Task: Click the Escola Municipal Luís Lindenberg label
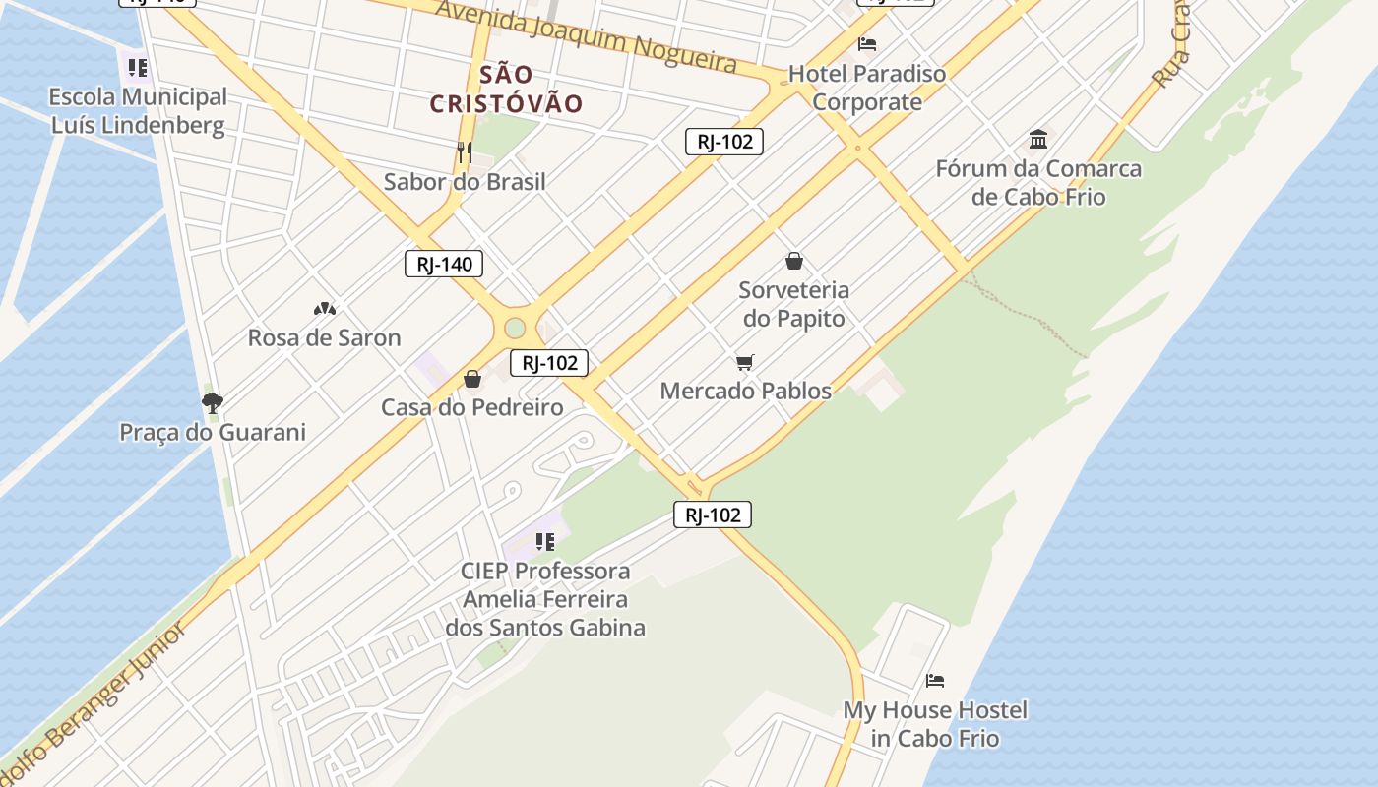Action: [x=138, y=111]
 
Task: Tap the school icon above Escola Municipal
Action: [x=138, y=68]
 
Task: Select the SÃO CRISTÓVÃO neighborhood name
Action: [x=507, y=89]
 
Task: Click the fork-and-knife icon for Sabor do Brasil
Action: [x=465, y=151]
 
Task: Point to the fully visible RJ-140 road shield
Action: [x=444, y=264]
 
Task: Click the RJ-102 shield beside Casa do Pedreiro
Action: [x=549, y=363]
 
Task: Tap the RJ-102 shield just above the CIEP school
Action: [x=713, y=515]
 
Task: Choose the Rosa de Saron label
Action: [x=324, y=337]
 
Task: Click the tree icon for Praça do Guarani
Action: [x=212, y=402]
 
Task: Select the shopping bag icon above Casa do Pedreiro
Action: [x=472, y=379]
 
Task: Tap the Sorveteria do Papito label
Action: [x=793, y=304]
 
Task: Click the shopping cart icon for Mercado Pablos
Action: [x=745, y=363]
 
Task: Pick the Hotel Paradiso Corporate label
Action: [x=867, y=88]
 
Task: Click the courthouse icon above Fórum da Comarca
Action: [x=1038, y=139]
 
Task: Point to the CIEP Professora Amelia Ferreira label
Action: [x=545, y=599]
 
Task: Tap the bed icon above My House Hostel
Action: [x=935, y=680]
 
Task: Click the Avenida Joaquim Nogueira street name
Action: [x=586, y=36]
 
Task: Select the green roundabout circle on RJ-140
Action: [x=515, y=328]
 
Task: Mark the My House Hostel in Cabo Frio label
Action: [x=935, y=724]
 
